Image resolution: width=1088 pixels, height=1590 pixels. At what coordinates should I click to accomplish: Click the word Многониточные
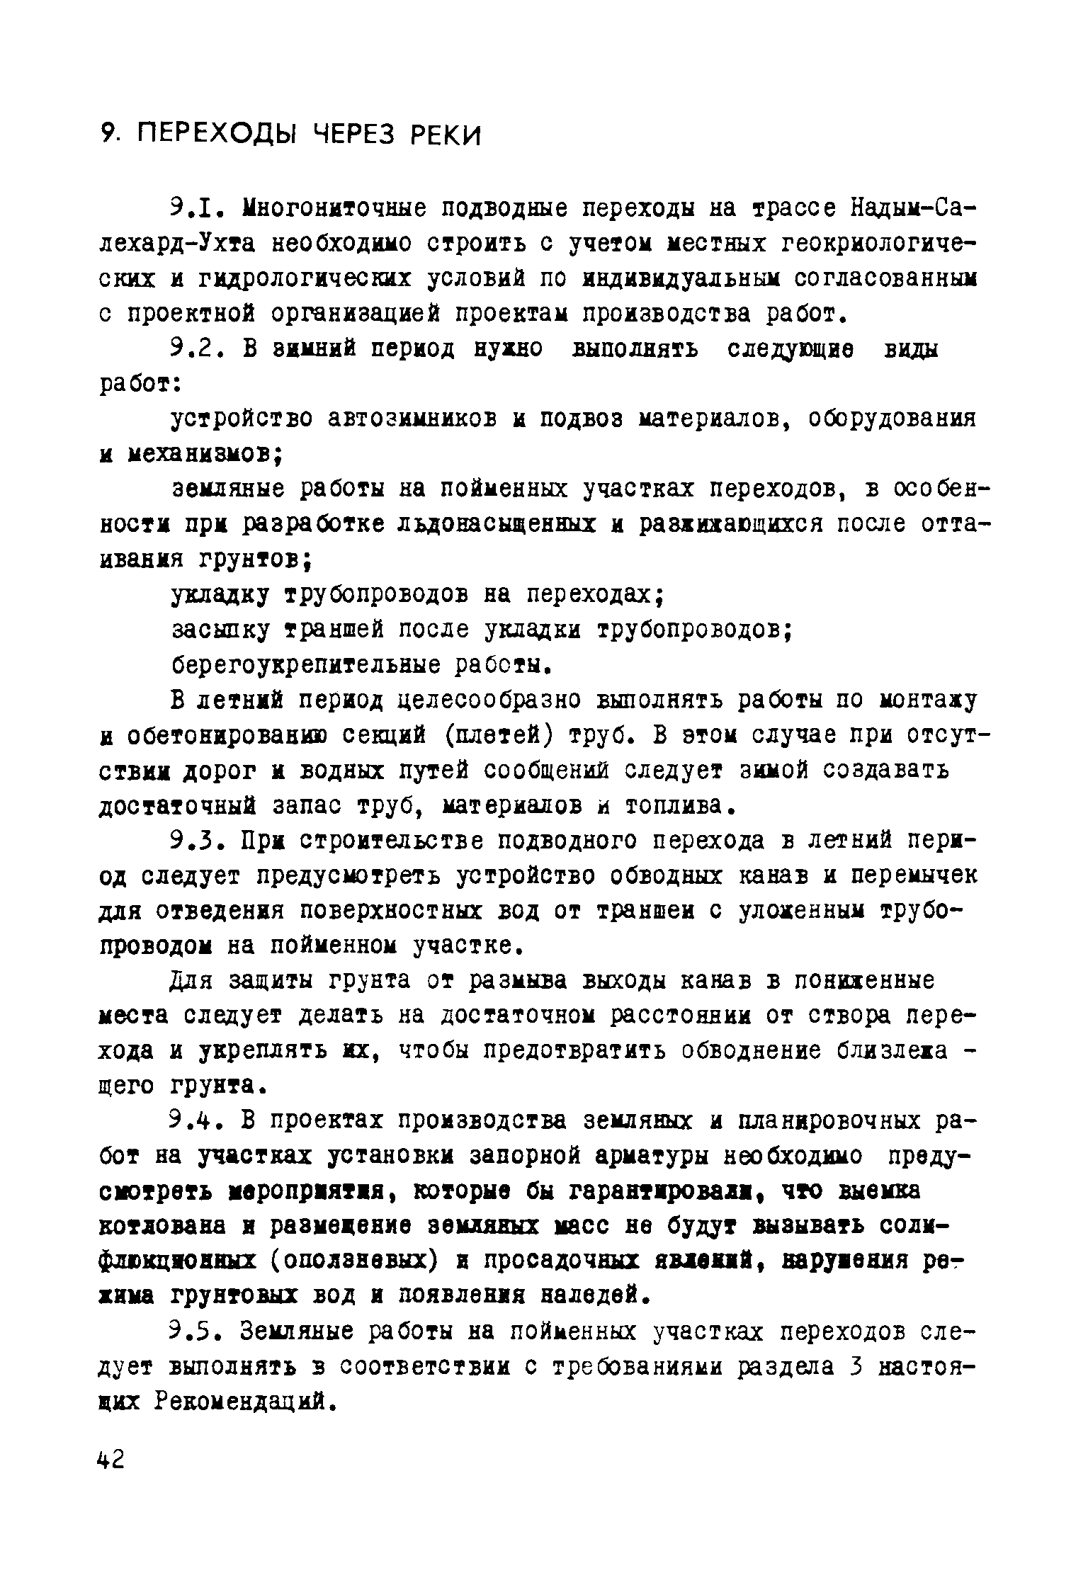(334, 209)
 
